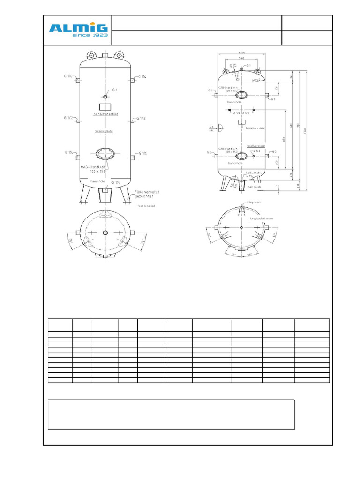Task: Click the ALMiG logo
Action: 79,28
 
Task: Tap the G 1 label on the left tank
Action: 114,89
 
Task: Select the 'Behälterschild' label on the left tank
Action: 105,114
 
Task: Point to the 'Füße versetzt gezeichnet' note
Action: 147,194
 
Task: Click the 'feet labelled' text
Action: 146,206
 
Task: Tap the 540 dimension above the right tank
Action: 241,59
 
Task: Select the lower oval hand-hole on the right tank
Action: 241,156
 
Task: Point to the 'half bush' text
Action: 254,187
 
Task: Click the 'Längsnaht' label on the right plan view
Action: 253,202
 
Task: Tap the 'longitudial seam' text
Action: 261,218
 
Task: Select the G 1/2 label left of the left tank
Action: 68,118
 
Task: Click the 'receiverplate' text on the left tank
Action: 104,131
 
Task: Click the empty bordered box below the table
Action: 171,414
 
